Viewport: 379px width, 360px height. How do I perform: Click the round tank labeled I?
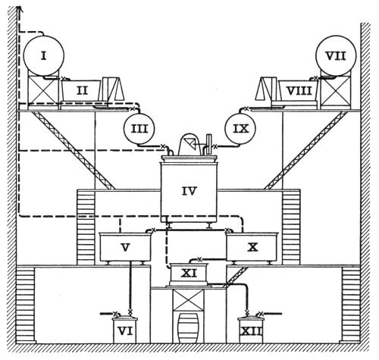click(x=44, y=56)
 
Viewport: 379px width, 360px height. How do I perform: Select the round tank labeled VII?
click(x=336, y=56)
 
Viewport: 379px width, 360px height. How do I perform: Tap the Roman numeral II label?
click(x=82, y=90)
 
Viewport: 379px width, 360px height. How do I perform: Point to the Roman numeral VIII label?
click(x=299, y=91)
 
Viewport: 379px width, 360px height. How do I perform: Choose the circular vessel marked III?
click(x=139, y=129)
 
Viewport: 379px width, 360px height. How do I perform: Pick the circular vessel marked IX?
click(x=240, y=129)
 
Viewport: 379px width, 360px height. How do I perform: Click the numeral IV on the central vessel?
click(x=189, y=191)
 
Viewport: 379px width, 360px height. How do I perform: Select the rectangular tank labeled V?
click(x=125, y=247)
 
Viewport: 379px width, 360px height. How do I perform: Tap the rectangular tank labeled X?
click(x=252, y=247)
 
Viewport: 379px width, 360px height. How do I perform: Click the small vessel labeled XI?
click(x=189, y=274)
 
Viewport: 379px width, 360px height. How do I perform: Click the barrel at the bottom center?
click(x=188, y=328)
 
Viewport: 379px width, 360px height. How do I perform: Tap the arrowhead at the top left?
click(x=18, y=9)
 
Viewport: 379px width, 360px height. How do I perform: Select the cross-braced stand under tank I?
click(x=43, y=90)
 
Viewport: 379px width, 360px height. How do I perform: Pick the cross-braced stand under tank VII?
click(x=336, y=90)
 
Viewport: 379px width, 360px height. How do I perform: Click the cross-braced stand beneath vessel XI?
click(x=189, y=300)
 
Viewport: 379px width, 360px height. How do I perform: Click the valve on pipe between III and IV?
click(x=163, y=146)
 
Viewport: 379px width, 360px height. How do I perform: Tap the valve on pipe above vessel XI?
click(x=199, y=259)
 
